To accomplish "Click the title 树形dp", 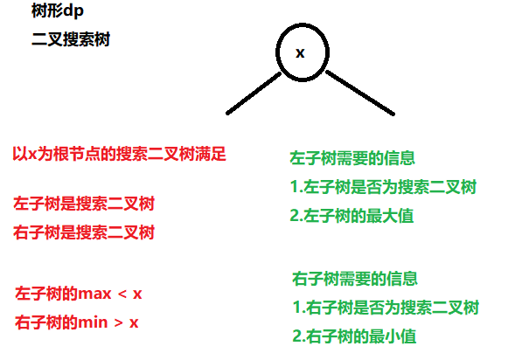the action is (x=58, y=11).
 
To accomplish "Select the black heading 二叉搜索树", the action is (x=71, y=39).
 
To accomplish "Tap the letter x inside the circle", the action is (x=300, y=53).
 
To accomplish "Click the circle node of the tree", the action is (x=276, y=52).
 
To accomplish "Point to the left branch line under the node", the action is (x=254, y=93).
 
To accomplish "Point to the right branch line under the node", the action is (x=360, y=93).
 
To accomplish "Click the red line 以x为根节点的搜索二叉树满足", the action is (x=119, y=154).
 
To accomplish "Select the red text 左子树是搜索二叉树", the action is (x=84, y=204).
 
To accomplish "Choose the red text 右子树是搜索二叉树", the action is (x=84, y=232).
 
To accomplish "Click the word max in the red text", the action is (x=94, y=294).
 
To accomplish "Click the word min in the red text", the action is (x=93, y=322).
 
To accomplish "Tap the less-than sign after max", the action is (x=122, y=294).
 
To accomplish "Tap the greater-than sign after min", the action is (x=119, y=322).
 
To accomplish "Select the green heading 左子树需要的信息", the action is (x=352, y=158).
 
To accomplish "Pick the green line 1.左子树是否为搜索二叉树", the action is (x=383, y=187).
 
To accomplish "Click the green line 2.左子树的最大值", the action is (x=351, y=216).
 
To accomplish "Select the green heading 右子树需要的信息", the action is (x=355, y=279).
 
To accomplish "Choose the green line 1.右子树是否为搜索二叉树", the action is (x=386, y=308).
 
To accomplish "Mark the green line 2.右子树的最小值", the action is (x=354, y=336).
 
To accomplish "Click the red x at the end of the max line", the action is (x=137, y=294).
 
